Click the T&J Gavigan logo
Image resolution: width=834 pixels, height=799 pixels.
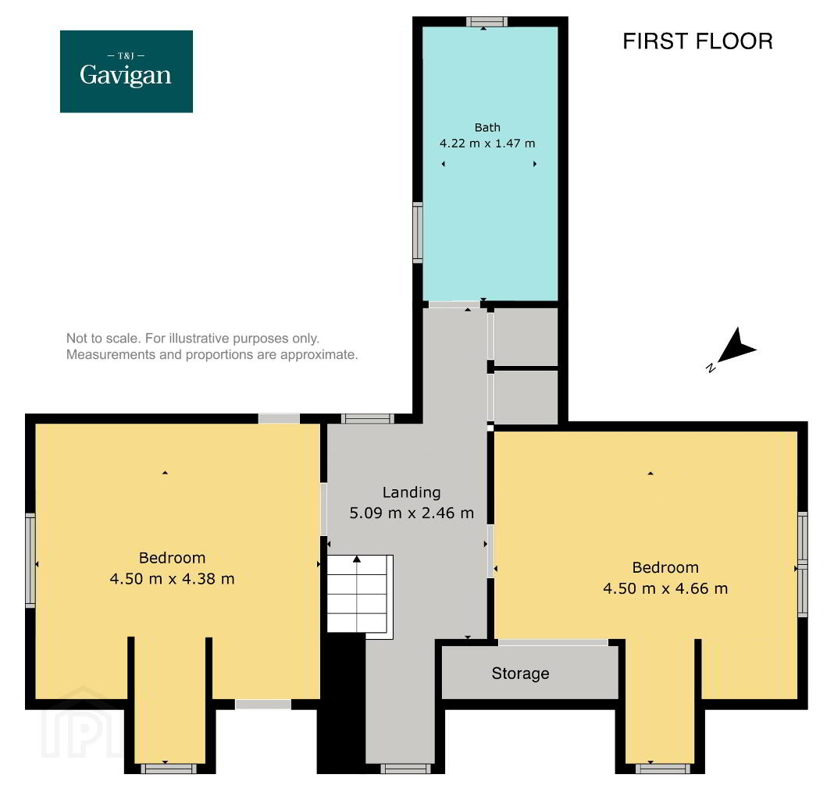[126, 71]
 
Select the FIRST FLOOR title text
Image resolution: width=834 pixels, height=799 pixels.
[697, 41]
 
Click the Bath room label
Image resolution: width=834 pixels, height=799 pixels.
[487, 128]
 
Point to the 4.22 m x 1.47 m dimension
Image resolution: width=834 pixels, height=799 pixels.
[487, 143]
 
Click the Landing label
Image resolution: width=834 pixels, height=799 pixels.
[412, 493]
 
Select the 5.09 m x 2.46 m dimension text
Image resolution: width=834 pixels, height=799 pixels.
[412, 513]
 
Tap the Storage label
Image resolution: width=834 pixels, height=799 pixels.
[520, 673]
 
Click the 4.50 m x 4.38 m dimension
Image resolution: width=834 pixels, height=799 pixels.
[172, 578]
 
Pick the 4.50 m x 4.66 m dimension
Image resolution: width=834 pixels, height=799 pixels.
[665, 588]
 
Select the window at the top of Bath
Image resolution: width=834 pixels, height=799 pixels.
[486, 22]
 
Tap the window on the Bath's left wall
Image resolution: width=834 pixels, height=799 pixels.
[418, 233]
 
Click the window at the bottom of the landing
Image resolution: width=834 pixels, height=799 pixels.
[405, 769]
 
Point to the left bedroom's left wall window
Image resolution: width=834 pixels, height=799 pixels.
[30, 560]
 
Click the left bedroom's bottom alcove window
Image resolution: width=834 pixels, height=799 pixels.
[169, 769]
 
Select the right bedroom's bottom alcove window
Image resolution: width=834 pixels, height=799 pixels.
[663, 769]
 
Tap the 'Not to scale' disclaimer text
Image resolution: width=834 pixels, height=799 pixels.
[212, 346]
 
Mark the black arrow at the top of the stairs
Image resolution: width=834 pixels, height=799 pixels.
[357, 559]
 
